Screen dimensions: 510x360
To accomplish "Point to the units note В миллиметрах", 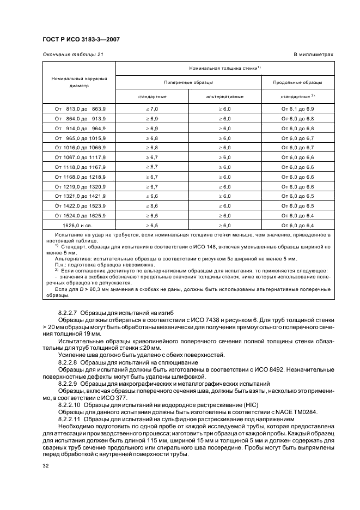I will pyautogui.click(x=314, y=54).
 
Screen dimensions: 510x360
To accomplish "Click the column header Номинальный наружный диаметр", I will pyautogui.click(x=79, y=82).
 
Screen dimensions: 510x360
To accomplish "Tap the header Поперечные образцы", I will pyautogui.click(x=188, y=82).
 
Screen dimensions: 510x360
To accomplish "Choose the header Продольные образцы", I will pyautogui.click(x=298, y=82).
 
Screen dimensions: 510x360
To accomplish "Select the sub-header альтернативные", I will pyautogui.click(x=225, y=96).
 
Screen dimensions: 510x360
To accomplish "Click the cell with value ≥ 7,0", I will pyautogui.click(x=152, y=108).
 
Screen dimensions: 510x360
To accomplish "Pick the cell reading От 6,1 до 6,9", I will pyautogui.click(x=298, y=108).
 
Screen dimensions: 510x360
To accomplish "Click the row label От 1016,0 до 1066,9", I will pyautogui.click(x=80, y=147).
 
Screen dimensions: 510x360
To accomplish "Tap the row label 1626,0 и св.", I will pyautogui.click(x=80, y=224).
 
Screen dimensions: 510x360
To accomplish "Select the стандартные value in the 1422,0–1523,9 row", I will pyautogui.click(x=152, y=205).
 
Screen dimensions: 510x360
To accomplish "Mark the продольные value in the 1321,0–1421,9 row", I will pyautogui.click(x=298, y=196).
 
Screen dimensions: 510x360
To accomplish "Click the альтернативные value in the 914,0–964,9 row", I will pyautogui.click(x=225, y=128).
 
